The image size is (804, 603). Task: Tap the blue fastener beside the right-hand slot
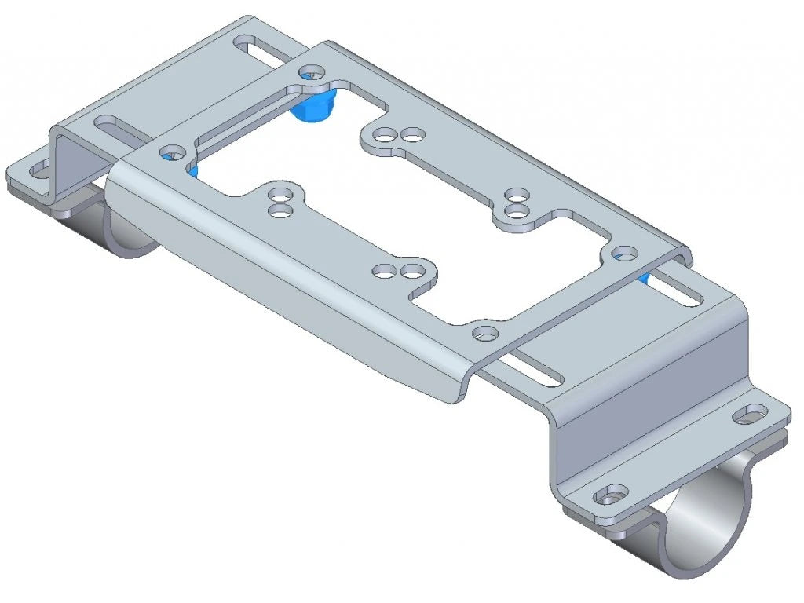click(x=642, y=277)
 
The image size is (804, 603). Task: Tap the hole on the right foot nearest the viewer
click(x=611, y=497)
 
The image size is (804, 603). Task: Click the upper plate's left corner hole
click(x=170, y=151)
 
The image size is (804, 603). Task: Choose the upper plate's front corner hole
click(x=484, y=333)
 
